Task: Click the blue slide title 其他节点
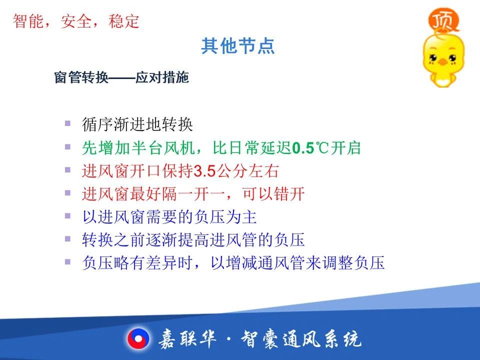pyautogui.click(x=237, y=46)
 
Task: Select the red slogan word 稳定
pyautogui.click(x=123, y=21)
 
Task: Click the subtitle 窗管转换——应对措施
pyautogui.click(x=121, y=77)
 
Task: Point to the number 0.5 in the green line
pyautogui.click(x=303, y=148)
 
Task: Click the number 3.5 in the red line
pyautogui.click(x=205, y=171)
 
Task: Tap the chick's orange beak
pyautogui.click(x=442, y=62)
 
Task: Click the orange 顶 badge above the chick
pyautogui.click(x=443, y=20)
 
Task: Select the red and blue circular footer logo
pyautogui.click(x=138, y=339)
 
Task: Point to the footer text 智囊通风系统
pyautogui.click(x=301, y=339)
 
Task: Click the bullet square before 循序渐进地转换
pyautogui.click(x=67, y=123)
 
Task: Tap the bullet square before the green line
pyautogui.click(x=67, y=147)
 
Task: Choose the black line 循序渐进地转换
pyautogui.click(x=137, y=124)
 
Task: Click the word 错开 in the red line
pyautogui.click(x=289, y=194)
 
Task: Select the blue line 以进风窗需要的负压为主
pyautogui.click(x=169, y=217)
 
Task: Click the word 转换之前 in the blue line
pyautogui.click(x=114, y=239)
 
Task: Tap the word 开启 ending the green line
pyautogui.click(x=345, y=148)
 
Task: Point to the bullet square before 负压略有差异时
pyautogui.click(x=67, y=262)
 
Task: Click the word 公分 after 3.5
pyautogui.click(x=231, y=171)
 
